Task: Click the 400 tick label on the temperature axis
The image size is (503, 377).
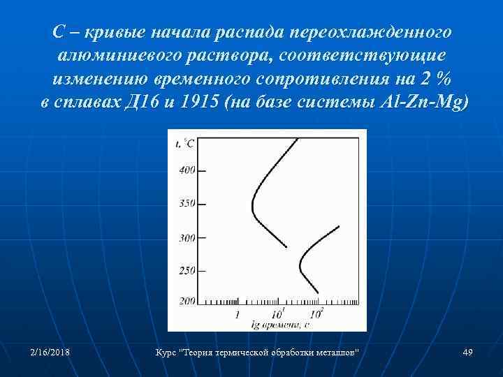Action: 186,170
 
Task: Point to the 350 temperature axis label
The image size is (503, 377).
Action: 186,204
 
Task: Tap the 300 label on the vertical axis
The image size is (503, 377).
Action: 186,238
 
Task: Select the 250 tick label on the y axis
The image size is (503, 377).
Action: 186,270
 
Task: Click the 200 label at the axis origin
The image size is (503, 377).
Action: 186,301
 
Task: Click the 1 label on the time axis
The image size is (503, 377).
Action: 237,314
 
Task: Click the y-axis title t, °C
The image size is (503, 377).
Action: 185,143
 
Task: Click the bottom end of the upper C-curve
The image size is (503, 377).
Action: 286,247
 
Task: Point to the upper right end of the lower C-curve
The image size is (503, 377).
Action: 339,226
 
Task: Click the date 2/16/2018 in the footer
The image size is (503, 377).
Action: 50,353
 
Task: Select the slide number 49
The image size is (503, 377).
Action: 468,353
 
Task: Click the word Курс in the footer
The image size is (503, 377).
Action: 166,353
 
